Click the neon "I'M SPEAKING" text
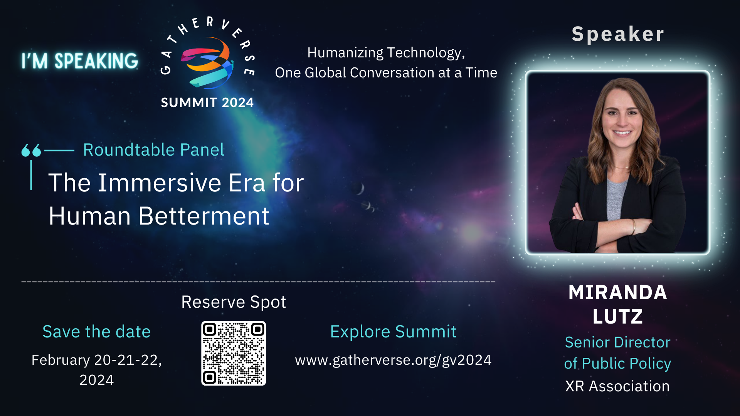80,61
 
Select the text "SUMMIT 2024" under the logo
207,102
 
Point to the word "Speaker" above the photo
618,34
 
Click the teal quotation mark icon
31,150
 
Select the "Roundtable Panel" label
153,149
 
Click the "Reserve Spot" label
234,302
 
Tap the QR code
234,353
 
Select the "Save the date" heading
96,332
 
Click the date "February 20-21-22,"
96,360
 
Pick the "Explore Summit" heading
393,332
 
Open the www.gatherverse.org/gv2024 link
393,360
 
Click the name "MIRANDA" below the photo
617,292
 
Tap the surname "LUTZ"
617,317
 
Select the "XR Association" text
617,386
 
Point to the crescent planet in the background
360,189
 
